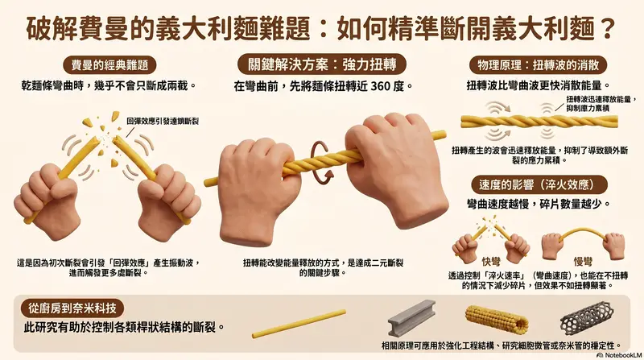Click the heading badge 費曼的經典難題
click(x=110, y=65)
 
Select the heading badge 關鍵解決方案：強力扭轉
click(x=322, y=64)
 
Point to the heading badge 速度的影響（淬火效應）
click(x=537, y=185)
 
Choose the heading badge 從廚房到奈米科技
click(x=72, y=308)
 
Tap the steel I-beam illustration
click(x=411, y=317)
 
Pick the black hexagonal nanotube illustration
click(x=588, y=317)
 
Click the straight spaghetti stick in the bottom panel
click(x=299, y=324)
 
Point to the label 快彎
click(x=491, y=261)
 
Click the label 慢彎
click(x=583, y=261)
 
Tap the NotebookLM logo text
click(x=622, y=355)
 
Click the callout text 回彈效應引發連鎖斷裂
click(x=163, y=122)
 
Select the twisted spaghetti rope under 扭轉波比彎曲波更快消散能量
click(x=539, y=122)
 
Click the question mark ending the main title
click(x=607, y=29)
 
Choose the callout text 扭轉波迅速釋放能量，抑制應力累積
click(x=601, y=104)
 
